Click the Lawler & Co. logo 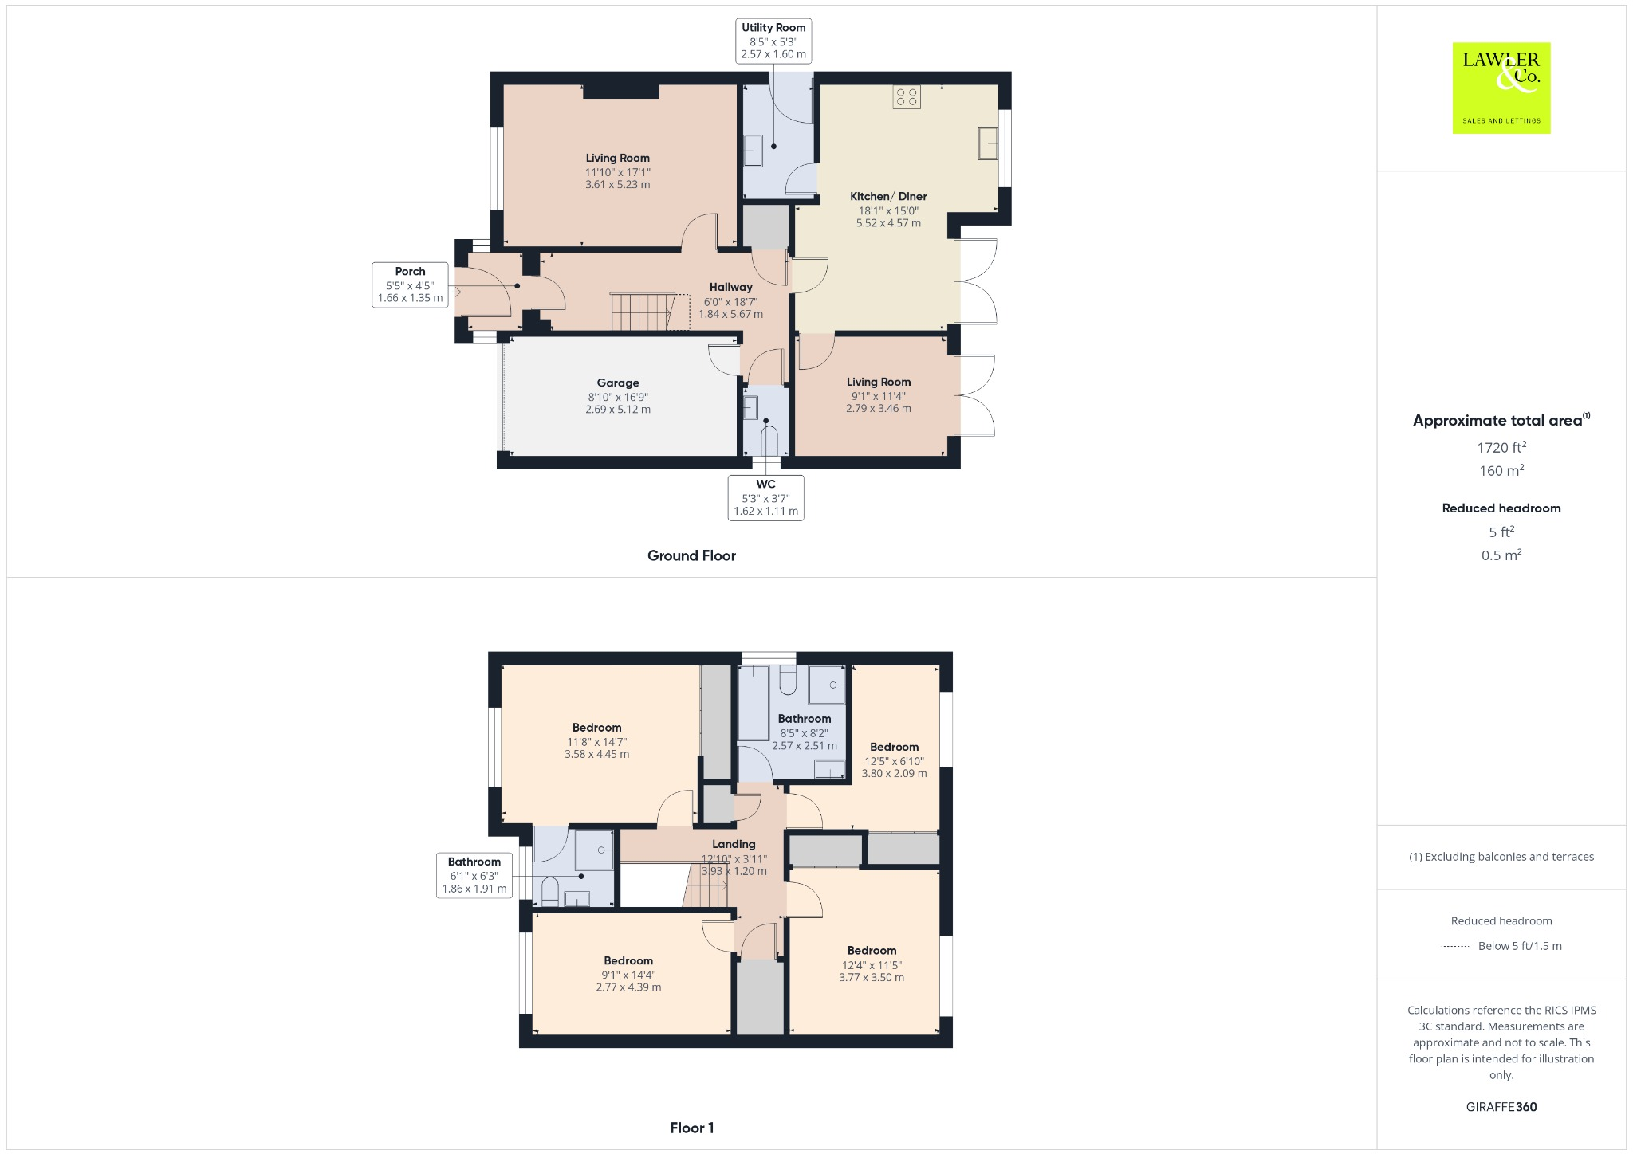point(1501,88)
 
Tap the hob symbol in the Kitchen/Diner point(907,97)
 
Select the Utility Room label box point(773,41)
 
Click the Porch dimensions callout point(410,285)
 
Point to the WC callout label point(765,497)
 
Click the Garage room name point(618,383)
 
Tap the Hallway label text point(730,287)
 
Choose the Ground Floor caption point(691,555)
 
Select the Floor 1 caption point(691,1128)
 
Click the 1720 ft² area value point(1501,448)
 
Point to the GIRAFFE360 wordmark point(1501,1106)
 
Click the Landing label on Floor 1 point(734,844)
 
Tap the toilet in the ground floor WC point(769,441)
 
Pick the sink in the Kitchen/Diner point(988,143)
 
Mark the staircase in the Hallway point(642,312)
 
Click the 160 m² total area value point(1501,471)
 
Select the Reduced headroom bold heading point(1501,508)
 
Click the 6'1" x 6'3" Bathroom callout point(474,875)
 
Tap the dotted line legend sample point(1455,946)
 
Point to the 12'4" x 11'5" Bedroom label point(872,964)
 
